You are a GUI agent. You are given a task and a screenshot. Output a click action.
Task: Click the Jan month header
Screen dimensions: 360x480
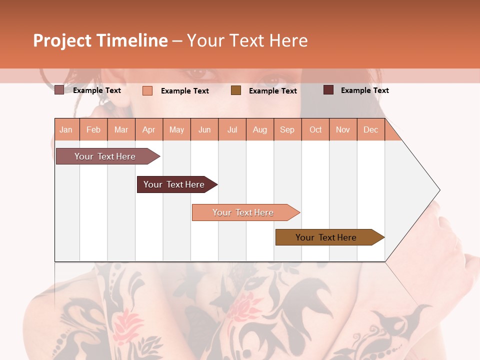pyautogui.click(x=66, y=129)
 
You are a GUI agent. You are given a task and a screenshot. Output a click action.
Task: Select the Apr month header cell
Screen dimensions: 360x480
pyautogui.click(x=149, y=129)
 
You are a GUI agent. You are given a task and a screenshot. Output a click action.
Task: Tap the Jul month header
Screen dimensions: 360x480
pyautogui.click(x=232, y=129)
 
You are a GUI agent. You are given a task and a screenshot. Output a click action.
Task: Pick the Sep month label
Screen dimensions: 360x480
pyautogui.click(x=287, y=129)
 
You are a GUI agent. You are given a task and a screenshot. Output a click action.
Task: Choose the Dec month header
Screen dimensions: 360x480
pyautogui.click(x=370, y=129)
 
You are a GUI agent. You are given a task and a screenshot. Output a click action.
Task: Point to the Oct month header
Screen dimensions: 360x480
pyautogui.click(x=315, y=129)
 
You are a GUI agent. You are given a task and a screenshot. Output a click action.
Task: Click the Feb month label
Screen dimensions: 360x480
pyautogui.click(x=93, y=129)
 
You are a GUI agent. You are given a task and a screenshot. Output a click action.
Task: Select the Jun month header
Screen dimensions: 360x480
pyautogui.click(x=204, y=129)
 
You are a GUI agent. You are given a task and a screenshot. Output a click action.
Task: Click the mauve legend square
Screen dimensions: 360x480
pyautogui.click(x=59, y=90)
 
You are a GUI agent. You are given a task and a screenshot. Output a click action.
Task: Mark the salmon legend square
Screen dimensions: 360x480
pyautogui.click(x=147, y=90)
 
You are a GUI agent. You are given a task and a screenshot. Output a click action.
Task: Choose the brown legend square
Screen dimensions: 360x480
pyautogui.click(x=236, y=90)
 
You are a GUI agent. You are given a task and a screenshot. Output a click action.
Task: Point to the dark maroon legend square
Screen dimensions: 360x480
pyautogui.click(x=328, y=90)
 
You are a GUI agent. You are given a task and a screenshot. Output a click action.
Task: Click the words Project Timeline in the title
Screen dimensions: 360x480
pyautogui.click(x=100, y=40)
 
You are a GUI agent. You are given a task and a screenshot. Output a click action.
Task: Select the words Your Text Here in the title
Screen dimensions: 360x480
pyautogui.click(x=247, y=40)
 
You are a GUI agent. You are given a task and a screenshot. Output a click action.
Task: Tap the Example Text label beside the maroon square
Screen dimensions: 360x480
pyautogui.click(x=364, y=90)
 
